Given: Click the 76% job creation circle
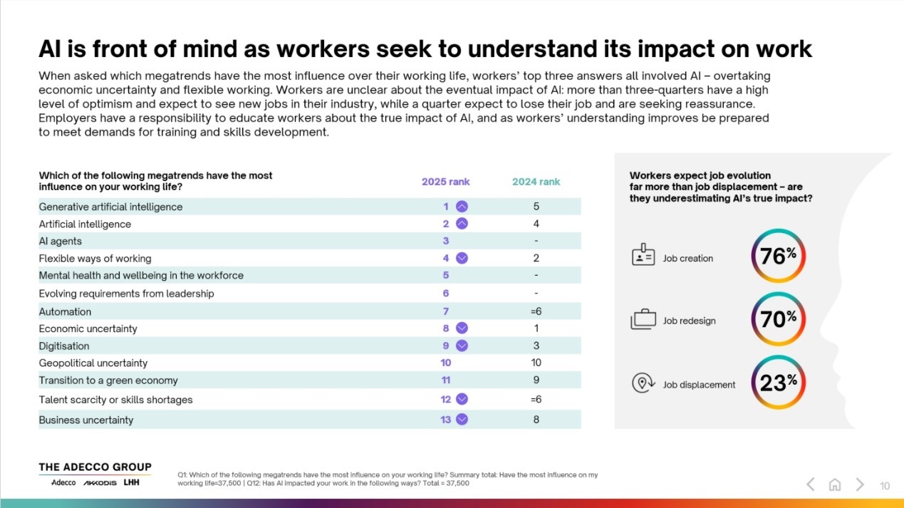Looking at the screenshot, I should click(x=778, y=256).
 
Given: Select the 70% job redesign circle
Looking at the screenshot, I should click(x=778, y=320).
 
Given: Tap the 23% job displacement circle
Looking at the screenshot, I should click(x=778, y=383).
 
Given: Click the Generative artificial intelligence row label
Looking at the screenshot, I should click(x=110, y=207).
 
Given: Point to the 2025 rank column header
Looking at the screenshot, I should click(x=445, y=182).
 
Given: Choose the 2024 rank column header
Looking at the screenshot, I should click(x=536, y=182).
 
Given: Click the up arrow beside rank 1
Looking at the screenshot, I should click(x=462, y=207).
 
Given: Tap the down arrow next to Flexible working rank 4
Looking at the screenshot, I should click(x=462, y=259).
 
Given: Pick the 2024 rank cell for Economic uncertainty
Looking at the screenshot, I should click(x=536, y=328).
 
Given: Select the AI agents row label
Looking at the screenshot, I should click(x=61, y=242).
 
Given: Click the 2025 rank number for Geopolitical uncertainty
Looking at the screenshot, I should click(x=446, y=363).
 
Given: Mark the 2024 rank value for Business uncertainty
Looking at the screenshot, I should click(x=536, y=420).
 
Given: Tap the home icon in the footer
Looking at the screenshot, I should click(x=835, y=485).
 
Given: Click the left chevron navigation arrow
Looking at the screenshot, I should click(x=811, y=485).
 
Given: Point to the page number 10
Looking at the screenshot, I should click(x=885, y=486).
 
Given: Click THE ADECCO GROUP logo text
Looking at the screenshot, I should click(x=95, y=467).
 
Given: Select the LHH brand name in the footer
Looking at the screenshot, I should click(x=131, y=482).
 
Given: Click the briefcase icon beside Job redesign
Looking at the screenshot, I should click(x=643, y=320).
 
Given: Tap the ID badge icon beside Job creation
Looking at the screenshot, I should click(x=643, y=257).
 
